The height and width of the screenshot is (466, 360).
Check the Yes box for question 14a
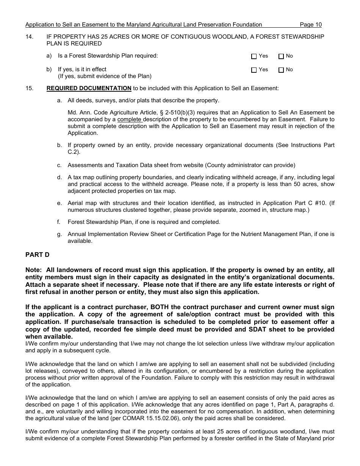pos(254,56)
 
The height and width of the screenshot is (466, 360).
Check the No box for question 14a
pos(281,56)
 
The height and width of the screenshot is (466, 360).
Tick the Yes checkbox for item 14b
pos(254,70)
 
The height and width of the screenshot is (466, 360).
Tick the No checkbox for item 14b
pos(281,70)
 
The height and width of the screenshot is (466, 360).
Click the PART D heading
pos(37,255)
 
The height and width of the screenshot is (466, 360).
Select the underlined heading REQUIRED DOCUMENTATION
pos(89,88)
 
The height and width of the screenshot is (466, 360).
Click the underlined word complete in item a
pos(129,119)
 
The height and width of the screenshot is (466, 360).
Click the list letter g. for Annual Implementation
pos(59,234)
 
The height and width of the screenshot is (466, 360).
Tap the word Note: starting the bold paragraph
pos(34,270)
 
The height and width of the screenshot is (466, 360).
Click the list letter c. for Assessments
pos(59,165)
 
